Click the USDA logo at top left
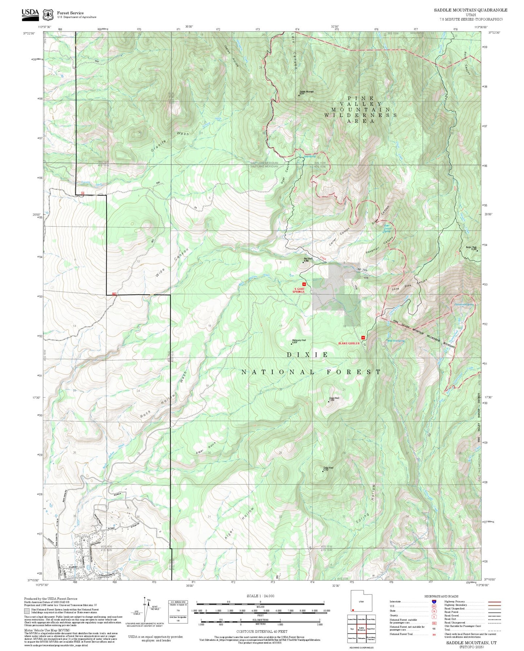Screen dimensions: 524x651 30,14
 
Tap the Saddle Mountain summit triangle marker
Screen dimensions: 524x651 299,95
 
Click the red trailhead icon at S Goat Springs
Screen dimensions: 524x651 304,284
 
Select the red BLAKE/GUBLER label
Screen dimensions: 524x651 349,343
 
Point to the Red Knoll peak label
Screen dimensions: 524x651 306,259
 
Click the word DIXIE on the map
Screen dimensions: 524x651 308,355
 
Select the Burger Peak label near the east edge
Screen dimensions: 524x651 471,248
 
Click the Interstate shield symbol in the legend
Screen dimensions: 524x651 434,601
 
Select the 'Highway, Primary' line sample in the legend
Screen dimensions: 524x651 494,602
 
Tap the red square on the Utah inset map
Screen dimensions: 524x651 353,610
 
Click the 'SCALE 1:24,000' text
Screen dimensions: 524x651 260,596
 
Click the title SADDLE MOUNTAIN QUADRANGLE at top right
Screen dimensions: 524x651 470,10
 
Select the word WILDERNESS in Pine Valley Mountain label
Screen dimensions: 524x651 360,115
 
